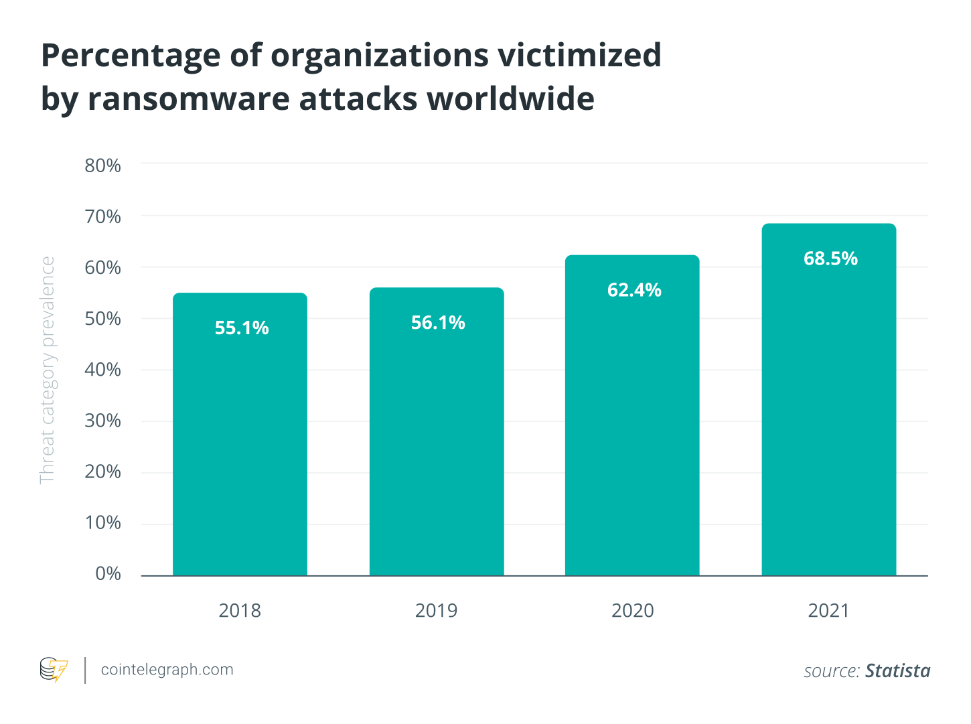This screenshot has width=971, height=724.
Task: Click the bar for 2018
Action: pyautogui.click(x=240, y=442)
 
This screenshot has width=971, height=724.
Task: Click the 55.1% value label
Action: pyautogui.click(x=242, y=328)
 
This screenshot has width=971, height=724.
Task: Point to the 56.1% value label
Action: pyautogui.click(x=438, y=323)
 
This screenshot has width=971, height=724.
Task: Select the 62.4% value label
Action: pyautogui.click(x=634, y=290)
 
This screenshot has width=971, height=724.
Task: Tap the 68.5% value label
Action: pyautogui.click(x=830, y=259)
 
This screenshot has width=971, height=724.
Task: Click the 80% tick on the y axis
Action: pyautogui.click(x=102, y=165)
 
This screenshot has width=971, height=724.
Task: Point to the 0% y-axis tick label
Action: pyautogui.click(x=108, y=574)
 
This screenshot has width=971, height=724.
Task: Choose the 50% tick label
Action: pyautogui.click(x=102, y=319)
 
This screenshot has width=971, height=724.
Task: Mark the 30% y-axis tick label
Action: pyautogui.click(x=102, y=421)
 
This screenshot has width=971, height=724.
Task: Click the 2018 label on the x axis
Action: pyautogui.click(x=240, y=611)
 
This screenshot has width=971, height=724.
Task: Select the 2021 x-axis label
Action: pyautogui.click(x=828, y=611)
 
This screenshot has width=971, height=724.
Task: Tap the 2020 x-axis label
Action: pyautogui.click(x=632, y=611)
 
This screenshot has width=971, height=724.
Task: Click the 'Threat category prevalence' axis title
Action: pyautogui.click(x=48, y=370)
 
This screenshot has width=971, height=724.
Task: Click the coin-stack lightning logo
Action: pyautogui.click(x=54, y=670)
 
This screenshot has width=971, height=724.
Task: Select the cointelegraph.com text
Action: pyautogui.click(x=167, y=670)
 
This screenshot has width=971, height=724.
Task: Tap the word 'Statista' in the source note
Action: pyautogui.click(x=897, y=671)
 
